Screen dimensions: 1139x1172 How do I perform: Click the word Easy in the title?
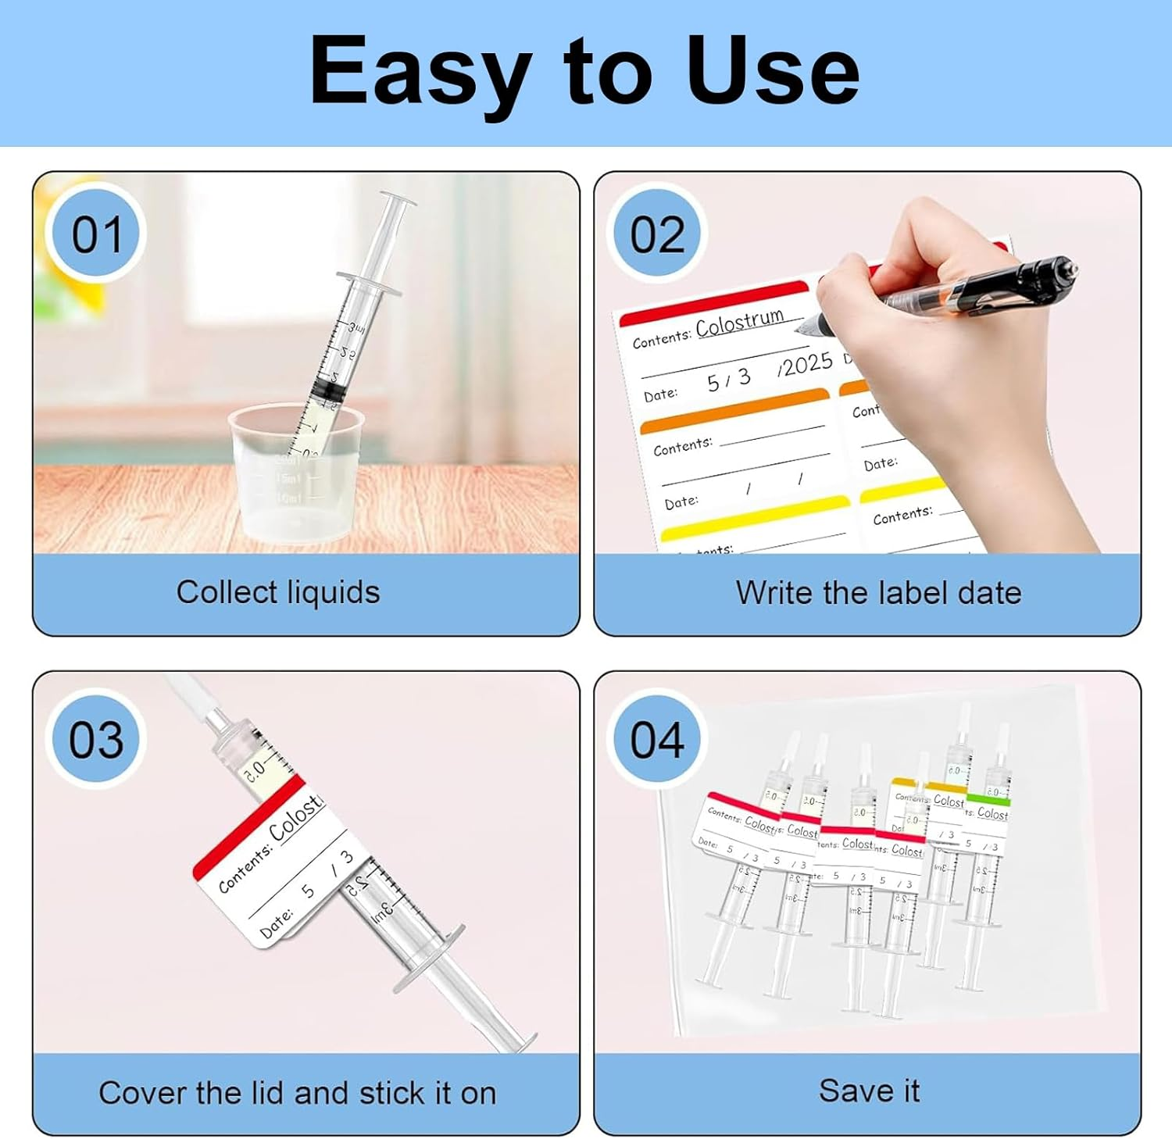tap(420, 72)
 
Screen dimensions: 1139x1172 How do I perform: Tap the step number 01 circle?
tap(97, 234)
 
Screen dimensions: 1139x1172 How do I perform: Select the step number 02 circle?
tap(657, 234)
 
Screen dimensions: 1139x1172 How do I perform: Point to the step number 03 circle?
tap(96, 739)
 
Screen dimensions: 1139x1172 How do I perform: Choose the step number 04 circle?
tap(657, 739)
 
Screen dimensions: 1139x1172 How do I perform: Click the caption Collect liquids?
tap(278, 592)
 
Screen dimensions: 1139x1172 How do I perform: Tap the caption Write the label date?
tap(878, 593)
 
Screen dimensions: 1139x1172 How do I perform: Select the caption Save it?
tap(869, 1091)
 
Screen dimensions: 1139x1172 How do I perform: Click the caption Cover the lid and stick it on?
tap(298, 1093)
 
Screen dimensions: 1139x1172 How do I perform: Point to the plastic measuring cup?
tap(298, 477)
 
